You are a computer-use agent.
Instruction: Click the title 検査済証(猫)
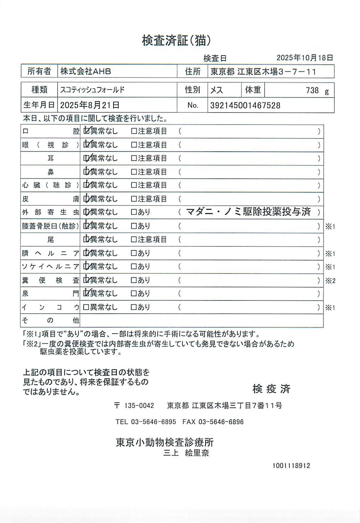(176, 41)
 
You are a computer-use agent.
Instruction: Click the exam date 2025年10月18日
(305, 58)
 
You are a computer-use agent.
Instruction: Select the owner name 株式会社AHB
(85, 71)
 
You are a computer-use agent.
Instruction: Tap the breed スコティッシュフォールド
(92, 90)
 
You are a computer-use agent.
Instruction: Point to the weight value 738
(312, 90)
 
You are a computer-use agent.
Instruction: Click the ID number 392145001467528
(245, 105)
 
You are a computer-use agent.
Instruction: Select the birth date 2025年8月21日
(89, 105)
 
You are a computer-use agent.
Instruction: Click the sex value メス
(216, 90)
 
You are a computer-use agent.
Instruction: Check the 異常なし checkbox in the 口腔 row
(87, 131)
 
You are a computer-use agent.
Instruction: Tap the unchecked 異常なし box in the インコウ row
(86, 307)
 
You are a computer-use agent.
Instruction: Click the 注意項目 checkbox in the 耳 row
(134, 158)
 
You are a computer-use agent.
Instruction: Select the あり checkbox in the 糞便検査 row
(134, 280)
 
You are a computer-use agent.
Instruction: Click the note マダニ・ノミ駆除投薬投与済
(248, 212)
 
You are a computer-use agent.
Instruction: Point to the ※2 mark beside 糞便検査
(330, 281)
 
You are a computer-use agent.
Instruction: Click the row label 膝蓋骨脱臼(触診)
(50, 226)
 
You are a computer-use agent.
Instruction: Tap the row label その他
(50, 320)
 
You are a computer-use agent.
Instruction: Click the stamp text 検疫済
(271, 389)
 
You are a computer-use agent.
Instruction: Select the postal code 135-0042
(139, 406)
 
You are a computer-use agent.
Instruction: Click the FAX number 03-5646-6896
(221, 422)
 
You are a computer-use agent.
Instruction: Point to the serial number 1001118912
(291, 466)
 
